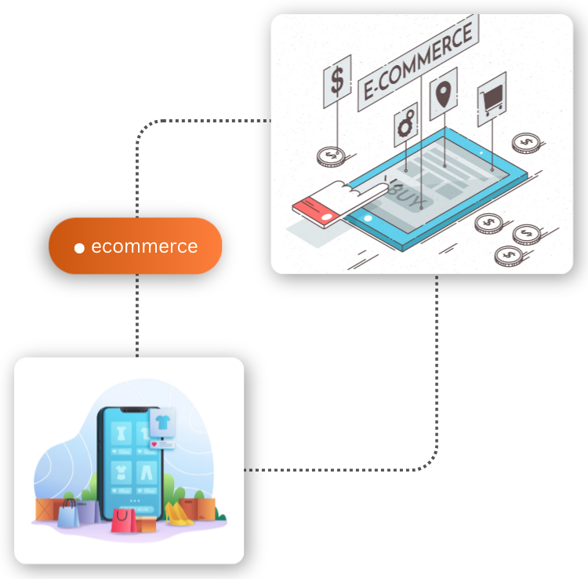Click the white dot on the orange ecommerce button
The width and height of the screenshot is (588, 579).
click(79, 248)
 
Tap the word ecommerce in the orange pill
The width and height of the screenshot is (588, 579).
click(144, 246)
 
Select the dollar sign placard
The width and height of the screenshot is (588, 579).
click(337, 81)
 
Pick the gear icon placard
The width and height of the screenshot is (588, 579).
click(405, 126)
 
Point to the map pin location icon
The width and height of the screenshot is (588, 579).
click(445, 93)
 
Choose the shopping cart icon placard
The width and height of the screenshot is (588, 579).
click(492, 100)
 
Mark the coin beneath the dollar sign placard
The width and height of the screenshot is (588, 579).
click(331, 156)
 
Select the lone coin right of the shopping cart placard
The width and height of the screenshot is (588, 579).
click(524, 144)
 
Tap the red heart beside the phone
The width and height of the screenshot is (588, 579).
click(154, 444)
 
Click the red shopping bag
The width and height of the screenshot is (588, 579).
click(123, 520)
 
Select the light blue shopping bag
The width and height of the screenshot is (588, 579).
click(68, 515)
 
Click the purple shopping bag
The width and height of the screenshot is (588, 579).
click(87, 511)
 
